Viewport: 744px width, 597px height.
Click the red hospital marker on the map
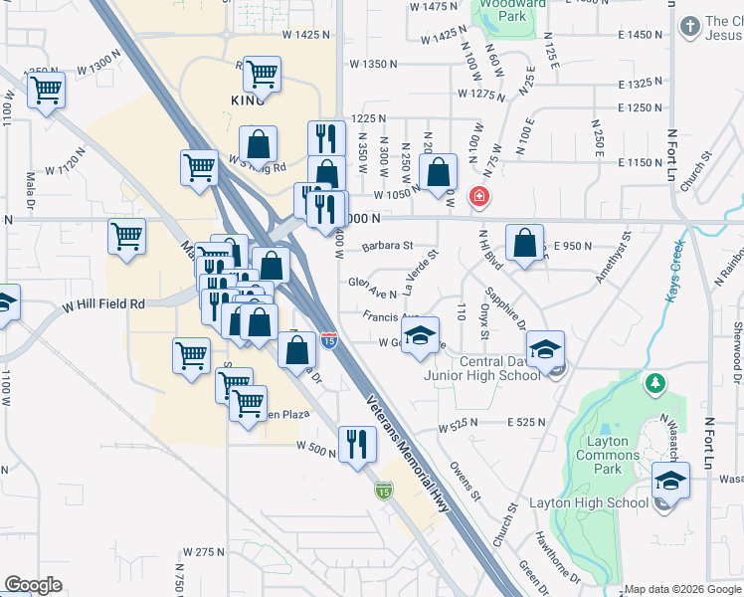pos(479,197)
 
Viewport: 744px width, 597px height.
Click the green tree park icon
pos(654,383)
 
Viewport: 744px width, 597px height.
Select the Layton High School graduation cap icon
pos(671,482)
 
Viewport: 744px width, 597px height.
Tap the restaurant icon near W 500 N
pos(357,444)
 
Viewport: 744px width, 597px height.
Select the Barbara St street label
pos(387,245)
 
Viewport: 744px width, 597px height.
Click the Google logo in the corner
pos(34,585)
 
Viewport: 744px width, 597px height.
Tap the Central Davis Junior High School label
pos(496,368)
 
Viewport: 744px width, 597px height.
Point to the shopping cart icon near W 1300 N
pos(46,91)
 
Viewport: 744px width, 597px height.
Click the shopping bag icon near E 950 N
pos(524,242)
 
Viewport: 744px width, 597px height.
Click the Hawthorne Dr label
pos(557,557)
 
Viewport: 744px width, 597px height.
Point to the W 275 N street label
pos(206,551)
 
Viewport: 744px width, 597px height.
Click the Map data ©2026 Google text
pos(683,589)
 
